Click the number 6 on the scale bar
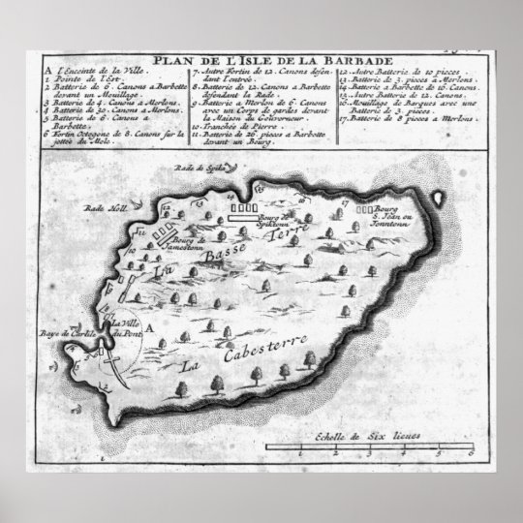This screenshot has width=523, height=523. tap(469, 453)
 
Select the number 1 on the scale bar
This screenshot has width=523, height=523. tap(301, 453)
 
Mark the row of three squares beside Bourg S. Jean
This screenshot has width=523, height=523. tap(365, 207)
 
